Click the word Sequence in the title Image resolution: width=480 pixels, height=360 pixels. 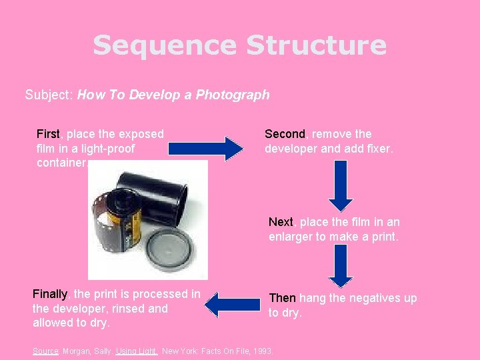coord(165,46)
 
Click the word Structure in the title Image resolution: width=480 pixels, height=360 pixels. coord(316,46)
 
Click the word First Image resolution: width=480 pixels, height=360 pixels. coord(48,134)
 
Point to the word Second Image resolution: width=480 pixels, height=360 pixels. coord(285,134)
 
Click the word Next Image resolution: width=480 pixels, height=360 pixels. coord(281,222)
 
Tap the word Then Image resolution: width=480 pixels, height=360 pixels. coord(282,298)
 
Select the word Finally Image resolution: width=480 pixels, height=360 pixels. coord(50,294)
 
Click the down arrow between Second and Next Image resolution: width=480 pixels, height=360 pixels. coord(341,186)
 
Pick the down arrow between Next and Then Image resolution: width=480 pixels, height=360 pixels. coord(341,265)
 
